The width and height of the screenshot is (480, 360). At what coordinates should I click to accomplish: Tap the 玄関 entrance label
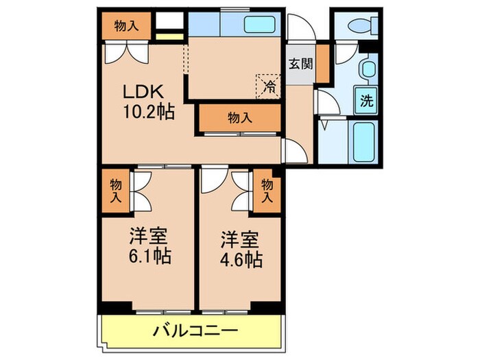300,64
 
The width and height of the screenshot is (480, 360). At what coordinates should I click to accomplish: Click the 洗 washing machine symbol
367,101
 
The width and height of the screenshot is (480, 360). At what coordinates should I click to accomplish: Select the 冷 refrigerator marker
269,87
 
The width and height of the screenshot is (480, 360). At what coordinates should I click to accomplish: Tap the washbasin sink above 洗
368,69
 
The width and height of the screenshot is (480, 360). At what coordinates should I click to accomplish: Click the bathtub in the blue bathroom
362,141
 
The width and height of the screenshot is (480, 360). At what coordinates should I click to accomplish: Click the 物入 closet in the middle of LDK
240,117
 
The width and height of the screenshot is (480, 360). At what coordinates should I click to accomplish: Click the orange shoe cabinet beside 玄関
322,62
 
